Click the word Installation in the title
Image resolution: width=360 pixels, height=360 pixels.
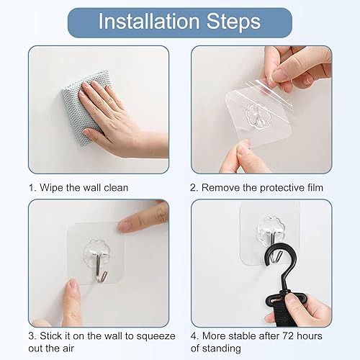(x=149, y=22)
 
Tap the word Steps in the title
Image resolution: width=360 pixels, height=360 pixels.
(x=233, y=22)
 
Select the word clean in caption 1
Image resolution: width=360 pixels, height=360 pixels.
(x=116, y=187)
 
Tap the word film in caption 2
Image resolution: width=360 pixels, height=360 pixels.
(x=315, y=187)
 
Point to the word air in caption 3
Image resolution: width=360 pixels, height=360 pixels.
(x=68, y=348)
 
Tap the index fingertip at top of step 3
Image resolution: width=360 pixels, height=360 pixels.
(x=125, y=225)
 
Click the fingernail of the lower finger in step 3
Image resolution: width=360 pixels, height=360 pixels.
(x=73, y=285)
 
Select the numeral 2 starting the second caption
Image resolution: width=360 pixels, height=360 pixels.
(x=193, y=188)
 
